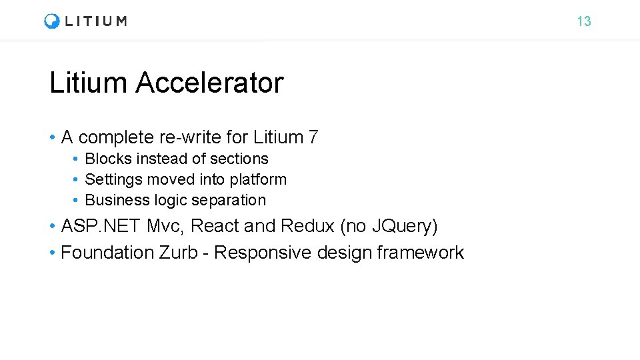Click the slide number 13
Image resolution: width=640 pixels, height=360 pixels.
coord(583,21)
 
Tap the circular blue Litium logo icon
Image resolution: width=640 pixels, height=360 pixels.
coord(52,21)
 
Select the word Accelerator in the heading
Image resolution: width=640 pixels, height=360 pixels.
coord(209,83)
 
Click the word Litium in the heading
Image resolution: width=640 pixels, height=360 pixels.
coord(88,83)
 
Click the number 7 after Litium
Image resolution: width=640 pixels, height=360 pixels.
coord(313,137)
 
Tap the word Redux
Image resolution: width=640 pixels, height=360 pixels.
coord(307,227)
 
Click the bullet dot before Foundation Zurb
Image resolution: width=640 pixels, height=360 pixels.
coord(52,253)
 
